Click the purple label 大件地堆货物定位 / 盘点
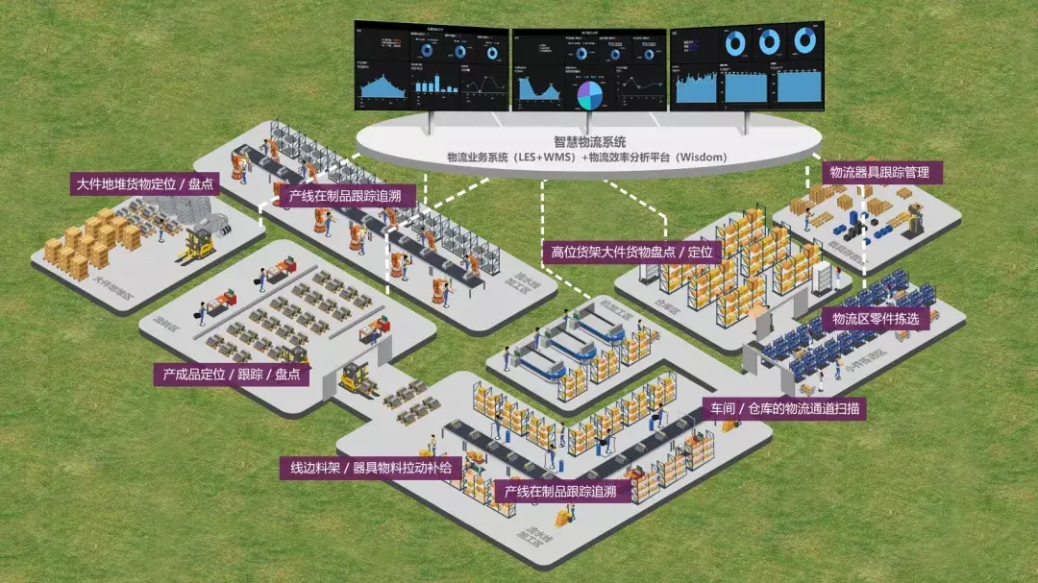(145, 183)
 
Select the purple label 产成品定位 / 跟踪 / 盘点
(232, 374)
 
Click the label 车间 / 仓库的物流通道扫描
(784, 408)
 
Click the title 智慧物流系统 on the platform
(588, 141)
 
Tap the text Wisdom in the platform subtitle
(698, 157)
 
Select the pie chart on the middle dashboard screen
(588, 94)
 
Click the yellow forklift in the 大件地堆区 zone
(196, 245)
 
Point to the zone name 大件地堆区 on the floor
(112, 283)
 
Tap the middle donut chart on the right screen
(769, 41)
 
